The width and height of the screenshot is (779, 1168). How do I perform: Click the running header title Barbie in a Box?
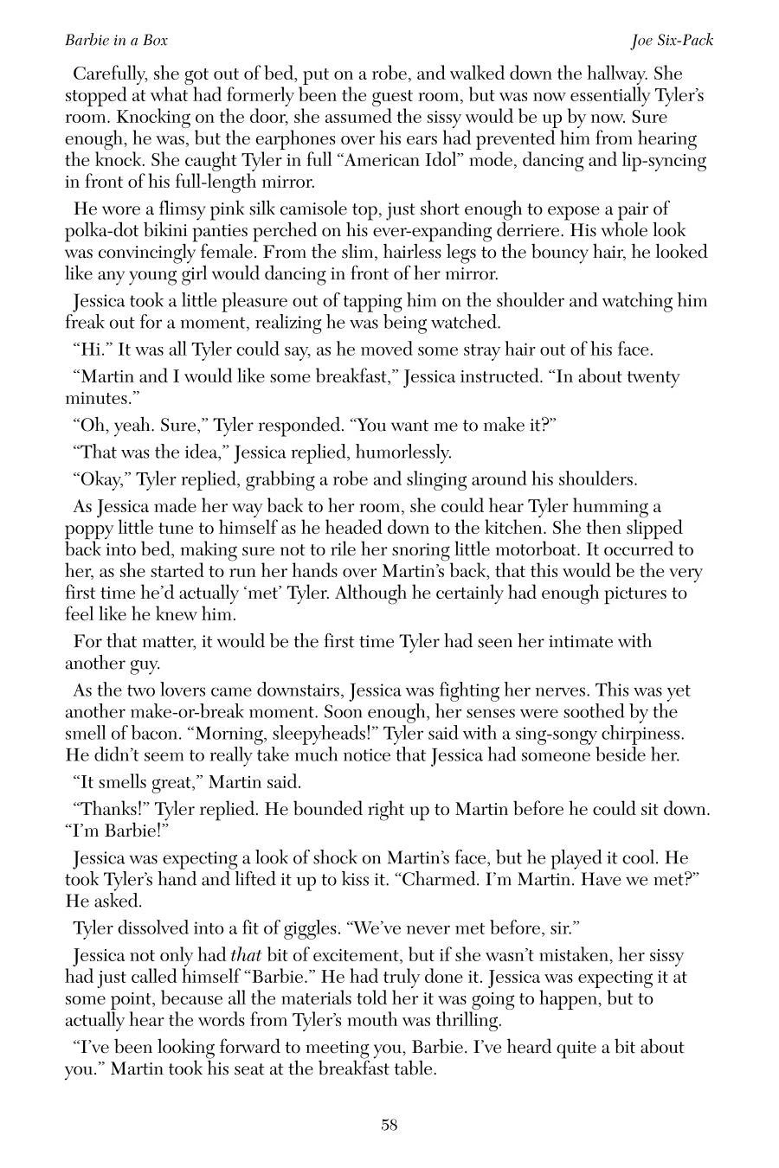[116, 40]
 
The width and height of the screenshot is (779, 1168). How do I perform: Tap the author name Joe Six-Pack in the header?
[672, 40]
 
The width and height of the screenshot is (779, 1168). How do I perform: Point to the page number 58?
[389, 1125]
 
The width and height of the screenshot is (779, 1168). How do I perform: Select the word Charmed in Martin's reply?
[526, 880]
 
